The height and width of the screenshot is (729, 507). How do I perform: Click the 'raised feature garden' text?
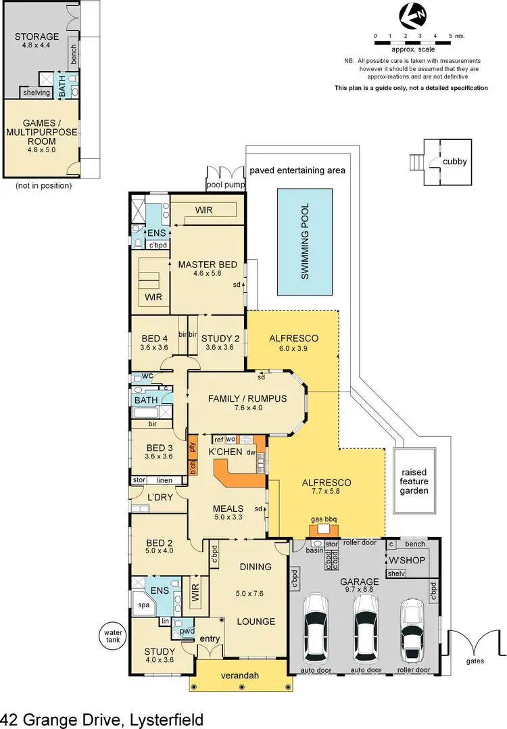414,481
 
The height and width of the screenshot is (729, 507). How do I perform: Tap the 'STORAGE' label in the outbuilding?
37,37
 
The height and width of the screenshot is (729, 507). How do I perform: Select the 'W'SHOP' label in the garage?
403,561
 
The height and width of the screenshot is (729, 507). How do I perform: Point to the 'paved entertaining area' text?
297,170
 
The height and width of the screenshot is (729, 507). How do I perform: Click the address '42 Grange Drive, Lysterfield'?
101,718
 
